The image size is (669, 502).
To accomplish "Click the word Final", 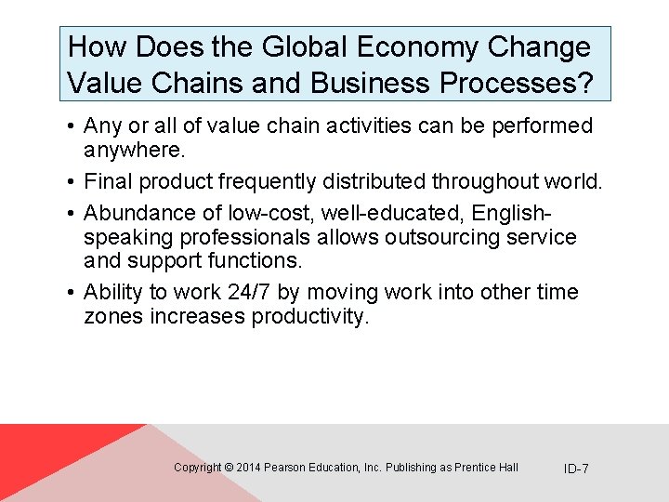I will click(110, 181).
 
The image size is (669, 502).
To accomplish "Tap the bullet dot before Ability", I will click(72, 293).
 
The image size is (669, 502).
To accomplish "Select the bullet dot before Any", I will click(72, 125).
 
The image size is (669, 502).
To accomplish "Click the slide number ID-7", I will click(576, 469).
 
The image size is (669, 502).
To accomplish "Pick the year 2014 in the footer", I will click(249, 468).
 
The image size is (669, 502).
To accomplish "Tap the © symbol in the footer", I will click(229, 468).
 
